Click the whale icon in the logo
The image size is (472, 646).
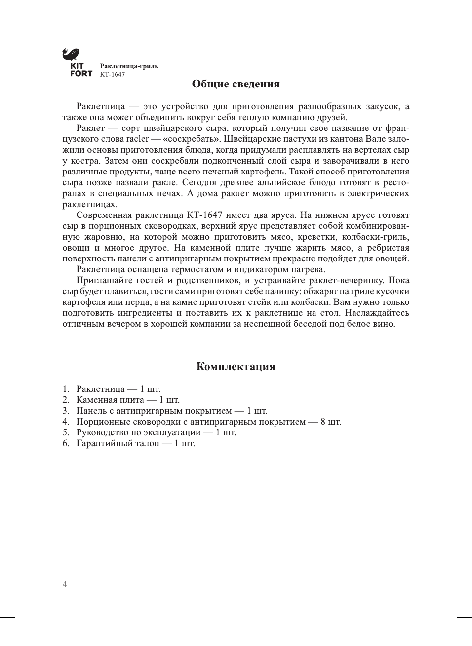pos(71,54)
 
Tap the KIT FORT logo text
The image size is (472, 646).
pos(81,70)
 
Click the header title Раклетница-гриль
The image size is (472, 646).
pos(129,66)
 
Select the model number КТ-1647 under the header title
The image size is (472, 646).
pos(113,75)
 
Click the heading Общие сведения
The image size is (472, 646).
pos(236,84)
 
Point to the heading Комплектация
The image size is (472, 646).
pos(236,367)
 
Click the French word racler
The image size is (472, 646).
pos(137,139)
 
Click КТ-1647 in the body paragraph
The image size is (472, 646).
pos(204,215)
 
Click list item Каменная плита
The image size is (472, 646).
pos(110,400)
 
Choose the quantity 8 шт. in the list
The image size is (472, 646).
pos(331,422)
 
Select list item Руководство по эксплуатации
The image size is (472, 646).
pos(138,432)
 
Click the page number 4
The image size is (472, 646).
pos(65,584)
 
